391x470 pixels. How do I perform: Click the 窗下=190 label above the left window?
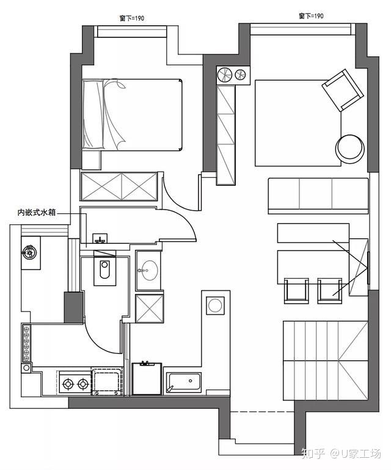[132, 18]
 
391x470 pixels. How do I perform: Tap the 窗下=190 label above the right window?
[311, 16]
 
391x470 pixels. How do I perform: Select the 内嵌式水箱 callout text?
[37, 213]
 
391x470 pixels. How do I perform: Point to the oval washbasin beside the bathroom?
[148, 270]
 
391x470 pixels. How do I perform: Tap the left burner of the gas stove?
[68, 383]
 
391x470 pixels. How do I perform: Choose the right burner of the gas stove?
[82, 383]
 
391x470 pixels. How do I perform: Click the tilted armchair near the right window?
[343, 90]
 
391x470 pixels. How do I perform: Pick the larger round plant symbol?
[225, 75]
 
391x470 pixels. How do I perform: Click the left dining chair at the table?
[296, 291]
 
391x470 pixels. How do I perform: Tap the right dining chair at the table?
[329, 291]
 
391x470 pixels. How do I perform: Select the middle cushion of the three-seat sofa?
[315, 194]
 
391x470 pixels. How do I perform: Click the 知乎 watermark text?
[313, 453]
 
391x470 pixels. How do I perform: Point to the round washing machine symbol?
[215, 306]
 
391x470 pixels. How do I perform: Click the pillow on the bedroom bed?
[93, 114]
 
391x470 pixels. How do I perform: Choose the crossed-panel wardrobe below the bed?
[119, 186]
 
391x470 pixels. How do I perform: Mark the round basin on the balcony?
[29, 251]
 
